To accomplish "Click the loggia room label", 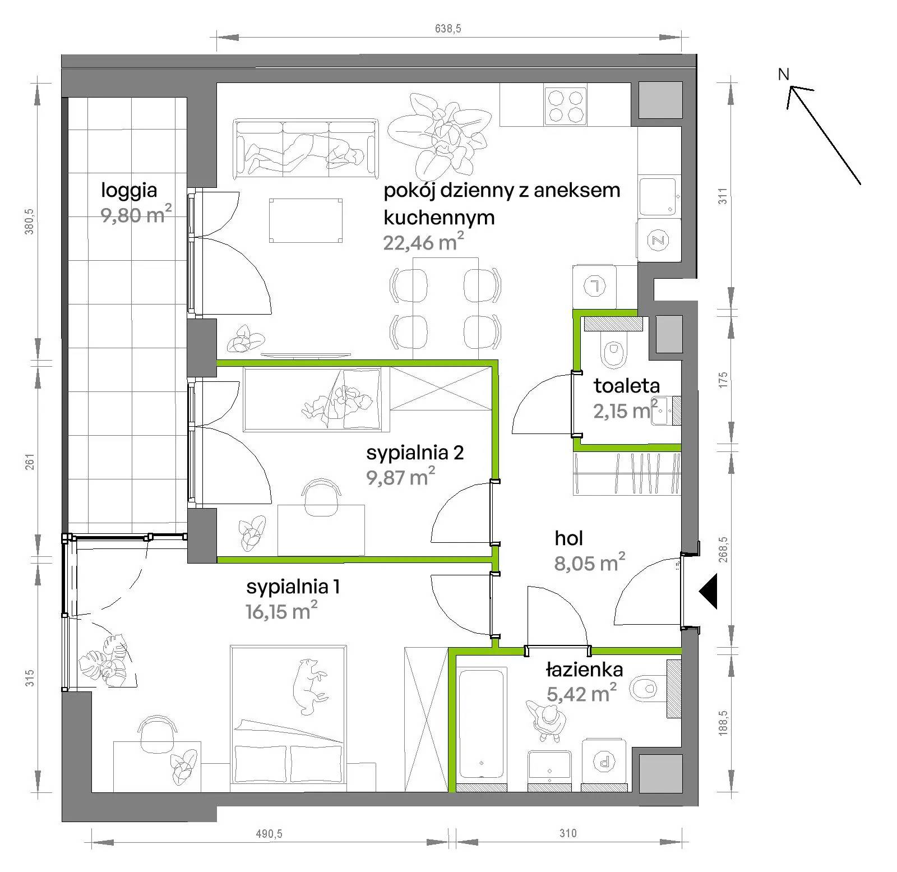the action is [128, 191].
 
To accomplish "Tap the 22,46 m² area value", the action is [424, 242].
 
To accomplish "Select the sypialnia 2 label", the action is [415, 453].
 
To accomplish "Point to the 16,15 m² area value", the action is [281, 610].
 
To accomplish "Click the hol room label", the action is [568, 538].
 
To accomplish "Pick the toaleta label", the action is [626, 386].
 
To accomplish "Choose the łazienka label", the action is [584, 669].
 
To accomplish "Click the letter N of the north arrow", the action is [784, 74].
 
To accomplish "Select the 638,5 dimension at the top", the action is [448, 29].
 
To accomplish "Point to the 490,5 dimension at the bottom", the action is [269, 834].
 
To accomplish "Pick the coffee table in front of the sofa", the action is [306, 220].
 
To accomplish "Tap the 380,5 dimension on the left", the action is [30, 222].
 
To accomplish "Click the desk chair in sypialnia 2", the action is [321, 496].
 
